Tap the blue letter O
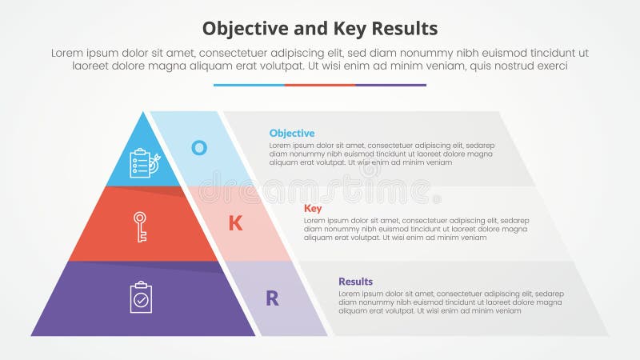click(x=198, y=147)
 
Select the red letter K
click(x=235, y=223)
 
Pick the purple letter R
click(x=272, y=298)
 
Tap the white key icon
click(x=140, y=226)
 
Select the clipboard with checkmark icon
click(x=141, y=297)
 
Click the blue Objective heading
click(x=292, y=133)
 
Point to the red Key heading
click(x=313, y=208)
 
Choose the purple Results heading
click(x=355, y=282)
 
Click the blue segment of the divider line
click(x=249, y=85)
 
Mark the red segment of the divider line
click(x=320, y=85)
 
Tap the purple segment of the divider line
click(x=390, y=85)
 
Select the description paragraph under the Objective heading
click(x=381, y=154)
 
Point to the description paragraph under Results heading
click(x=450, y=302)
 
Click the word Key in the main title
click(x=346, y=29)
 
